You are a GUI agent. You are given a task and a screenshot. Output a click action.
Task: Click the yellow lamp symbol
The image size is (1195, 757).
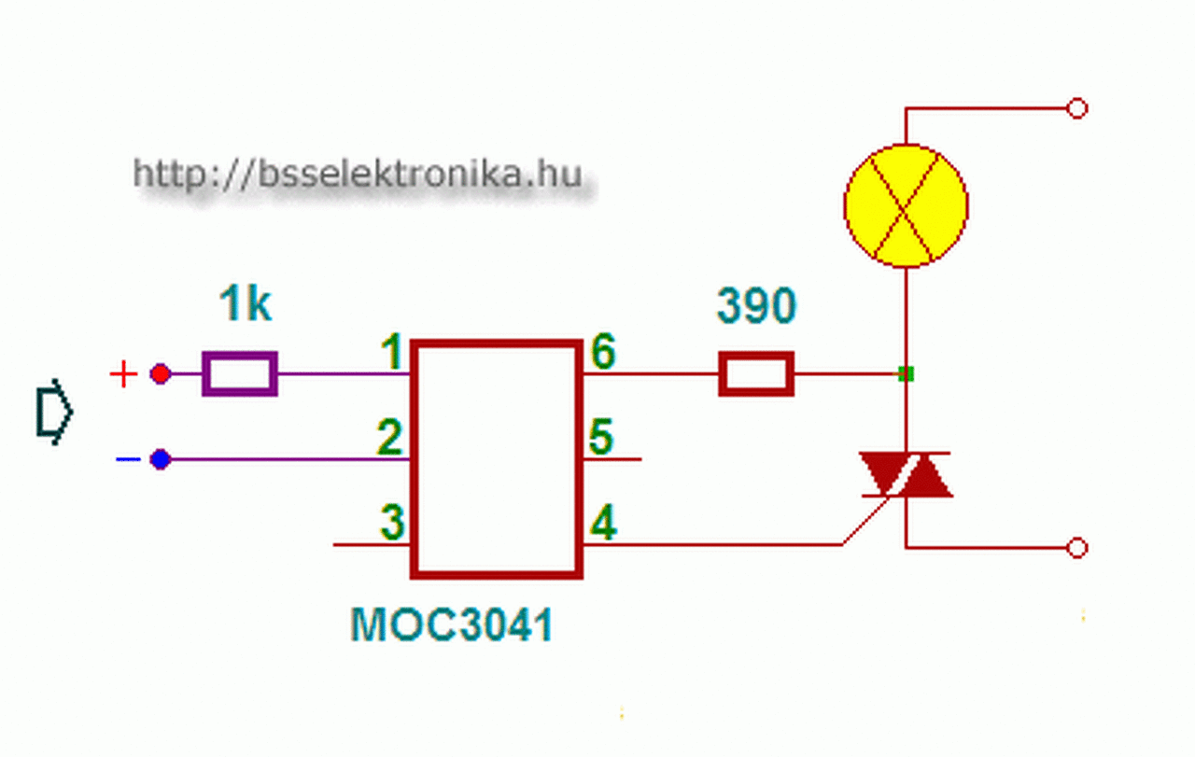pos(906,205)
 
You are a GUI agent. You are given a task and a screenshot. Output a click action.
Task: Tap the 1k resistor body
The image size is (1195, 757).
pos(240,374)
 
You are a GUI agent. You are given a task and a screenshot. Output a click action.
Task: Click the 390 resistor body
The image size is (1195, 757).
pos(756,374)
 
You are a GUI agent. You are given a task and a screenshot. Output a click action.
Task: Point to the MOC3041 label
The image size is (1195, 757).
pos(452,624)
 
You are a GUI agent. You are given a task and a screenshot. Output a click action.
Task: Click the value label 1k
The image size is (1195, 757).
pos(246,305)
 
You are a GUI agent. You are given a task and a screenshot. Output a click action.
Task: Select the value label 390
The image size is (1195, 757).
pos(756,306)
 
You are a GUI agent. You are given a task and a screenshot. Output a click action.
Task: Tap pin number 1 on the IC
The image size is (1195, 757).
pos(393,354)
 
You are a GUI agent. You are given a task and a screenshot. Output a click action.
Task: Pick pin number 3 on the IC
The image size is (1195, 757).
pos(392,524)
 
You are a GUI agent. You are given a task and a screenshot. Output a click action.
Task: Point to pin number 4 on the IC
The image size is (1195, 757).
pos(604,525)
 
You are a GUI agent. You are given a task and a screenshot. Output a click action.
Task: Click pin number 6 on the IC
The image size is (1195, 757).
pos(603,354)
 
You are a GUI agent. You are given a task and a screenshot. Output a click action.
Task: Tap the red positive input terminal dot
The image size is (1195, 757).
pos(161,374)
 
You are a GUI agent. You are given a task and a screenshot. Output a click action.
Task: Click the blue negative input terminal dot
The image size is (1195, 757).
pos(161,459)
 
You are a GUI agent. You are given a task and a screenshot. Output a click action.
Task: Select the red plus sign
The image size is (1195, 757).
pos(123,375)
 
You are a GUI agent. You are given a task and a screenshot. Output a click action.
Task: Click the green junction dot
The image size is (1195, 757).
pos(905,374)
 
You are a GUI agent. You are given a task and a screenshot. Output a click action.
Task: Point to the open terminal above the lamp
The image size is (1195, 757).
pos(1076,109)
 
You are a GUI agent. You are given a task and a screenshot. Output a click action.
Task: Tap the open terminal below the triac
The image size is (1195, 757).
pos(1076,548)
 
